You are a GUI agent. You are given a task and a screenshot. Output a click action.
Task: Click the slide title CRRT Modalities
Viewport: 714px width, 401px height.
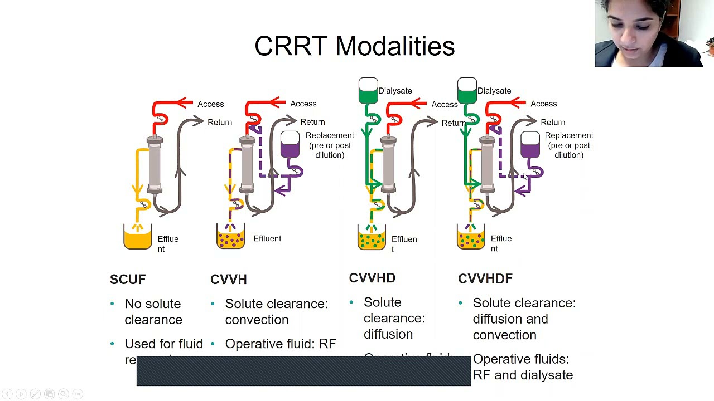pyautogui.click(x=354, y=46)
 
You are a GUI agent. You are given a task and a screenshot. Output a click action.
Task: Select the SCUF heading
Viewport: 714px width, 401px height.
pyautogui.click(x=128, y=279)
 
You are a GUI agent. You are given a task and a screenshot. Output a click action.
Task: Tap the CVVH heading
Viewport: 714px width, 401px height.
pyautogui.click(x=228, y=279)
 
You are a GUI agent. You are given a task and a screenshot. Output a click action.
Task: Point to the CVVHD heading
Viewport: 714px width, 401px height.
pyautogui.click(x=372, y=278)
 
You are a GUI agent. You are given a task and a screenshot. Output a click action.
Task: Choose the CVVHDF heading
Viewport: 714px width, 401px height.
pyautogui.click(x=485, y=278)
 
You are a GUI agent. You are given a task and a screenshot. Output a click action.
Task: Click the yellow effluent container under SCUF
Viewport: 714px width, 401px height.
pyautogui.click(x=138, y=238)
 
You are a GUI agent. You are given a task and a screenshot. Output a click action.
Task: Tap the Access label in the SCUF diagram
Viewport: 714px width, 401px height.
pyautogui.click(x=210, y=104)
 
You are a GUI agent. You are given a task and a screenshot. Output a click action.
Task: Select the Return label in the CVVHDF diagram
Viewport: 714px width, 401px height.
pyautogui.click(x=552, y=122)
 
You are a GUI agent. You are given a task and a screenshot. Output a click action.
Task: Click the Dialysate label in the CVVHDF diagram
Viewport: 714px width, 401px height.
pyautogui.click(x=494, y=91)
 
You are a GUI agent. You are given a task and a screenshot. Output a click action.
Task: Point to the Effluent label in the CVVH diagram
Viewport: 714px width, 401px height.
pyautogui.click(x=267, y=238)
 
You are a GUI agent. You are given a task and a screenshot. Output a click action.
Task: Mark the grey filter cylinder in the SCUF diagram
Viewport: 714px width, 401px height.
pyautogui.click(x=155, y=165)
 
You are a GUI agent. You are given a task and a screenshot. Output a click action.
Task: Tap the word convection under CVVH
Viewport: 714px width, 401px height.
pyautogui.click(x=257, y=320)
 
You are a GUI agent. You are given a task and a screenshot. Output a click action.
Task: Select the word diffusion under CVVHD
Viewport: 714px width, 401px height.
pyautogui.click(x=388, y=334)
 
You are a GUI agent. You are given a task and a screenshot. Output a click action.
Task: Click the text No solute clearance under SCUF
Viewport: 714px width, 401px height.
pyautogui.click(x=153, y=311)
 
